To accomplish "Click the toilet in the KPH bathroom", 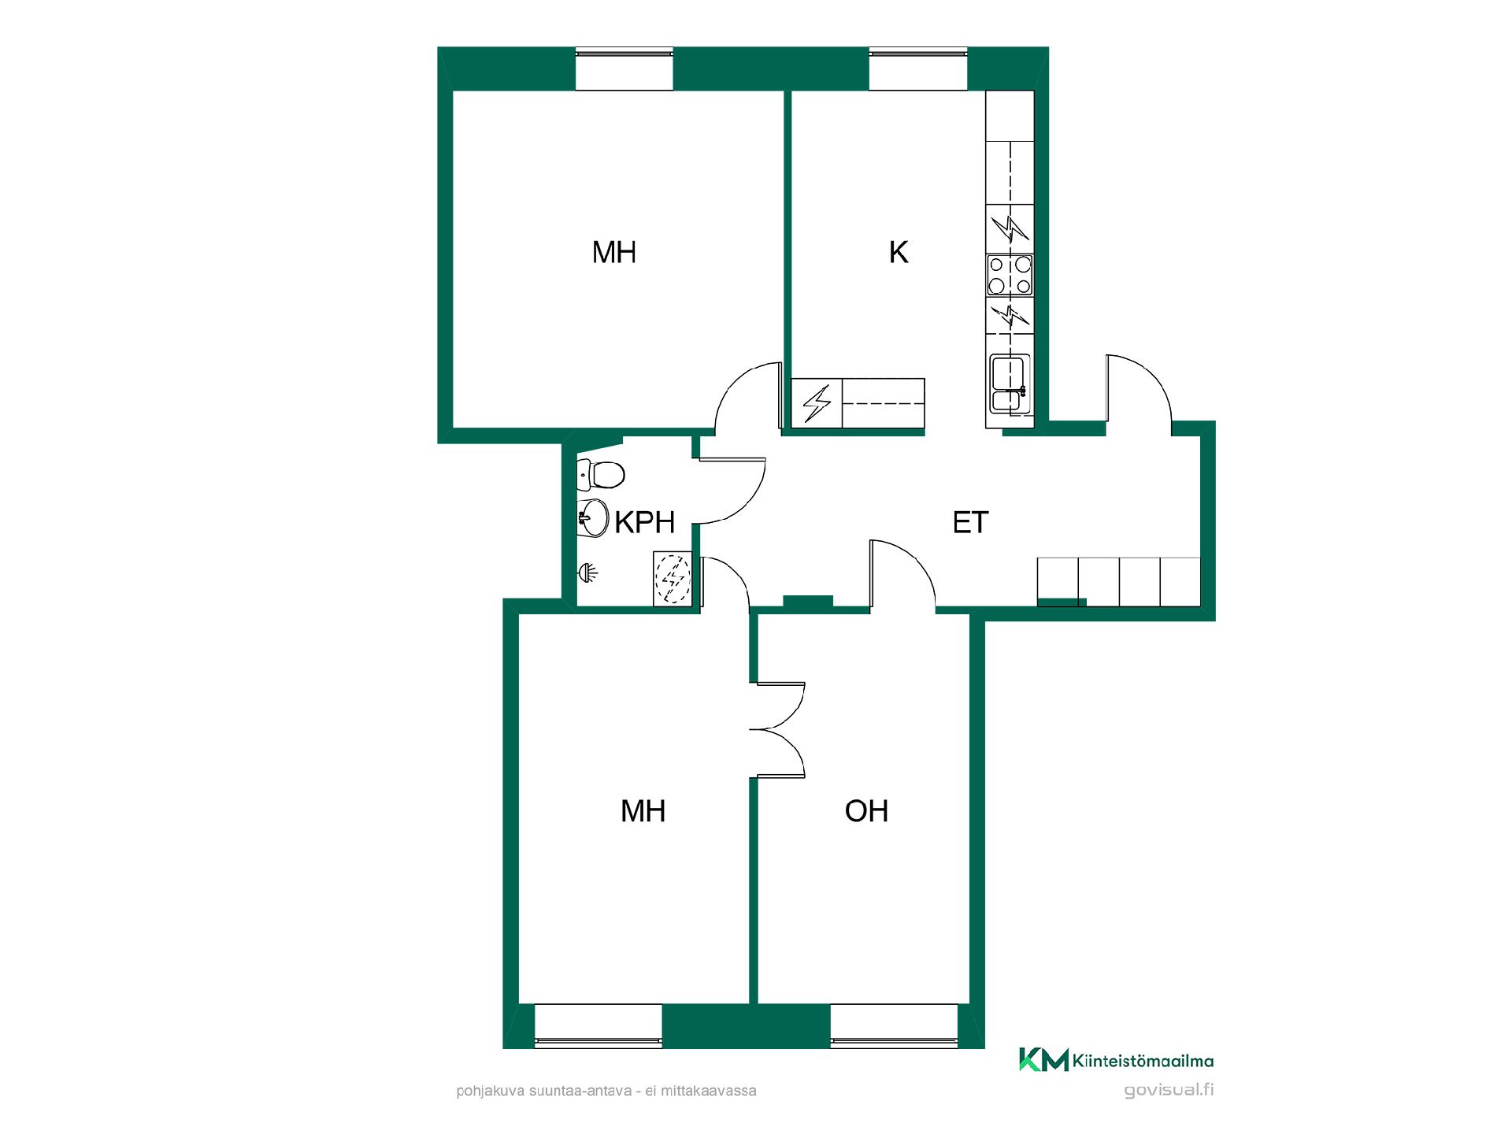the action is coord(601,474).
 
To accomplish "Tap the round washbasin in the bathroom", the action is coord(592,517).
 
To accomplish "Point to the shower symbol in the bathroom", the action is coord(587,572).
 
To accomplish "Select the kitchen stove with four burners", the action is coord(1010,275).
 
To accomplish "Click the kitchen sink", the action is coord(1010,383).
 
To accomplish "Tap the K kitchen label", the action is coord(898,253).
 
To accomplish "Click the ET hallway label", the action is coord(970,523).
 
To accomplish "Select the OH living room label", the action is coord(866,811).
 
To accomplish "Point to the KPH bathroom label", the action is coord(645,522).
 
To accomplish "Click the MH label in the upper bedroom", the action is coord(614,253).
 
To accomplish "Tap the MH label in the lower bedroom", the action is coord(643,811).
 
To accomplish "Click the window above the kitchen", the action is coord(918,69).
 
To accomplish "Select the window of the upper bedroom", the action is coord(624,69).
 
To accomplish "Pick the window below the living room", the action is coord(895,1026).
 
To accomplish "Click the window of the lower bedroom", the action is coord(598,1026).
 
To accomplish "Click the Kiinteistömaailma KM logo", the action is coord(1116,1060).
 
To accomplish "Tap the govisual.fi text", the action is coord(1169,1091).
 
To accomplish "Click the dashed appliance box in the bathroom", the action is coord(673,579).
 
